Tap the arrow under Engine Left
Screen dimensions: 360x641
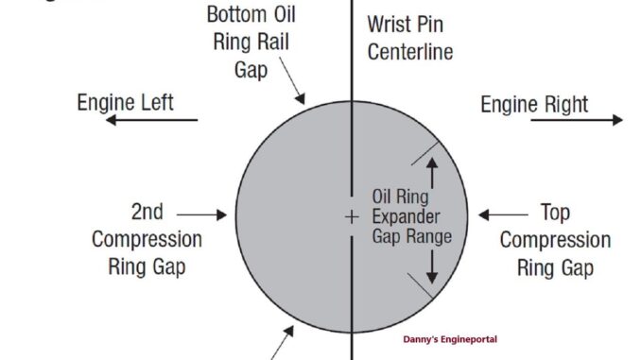pos(150,120)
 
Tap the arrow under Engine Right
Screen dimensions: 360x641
pos(552,120)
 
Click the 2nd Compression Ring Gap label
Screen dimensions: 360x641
pos(147,239)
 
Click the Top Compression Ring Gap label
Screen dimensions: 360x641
pos(554,240)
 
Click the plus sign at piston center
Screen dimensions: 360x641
pos(351,216)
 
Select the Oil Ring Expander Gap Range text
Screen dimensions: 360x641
pos(410,217)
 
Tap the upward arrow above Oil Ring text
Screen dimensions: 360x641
pos(433,172)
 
